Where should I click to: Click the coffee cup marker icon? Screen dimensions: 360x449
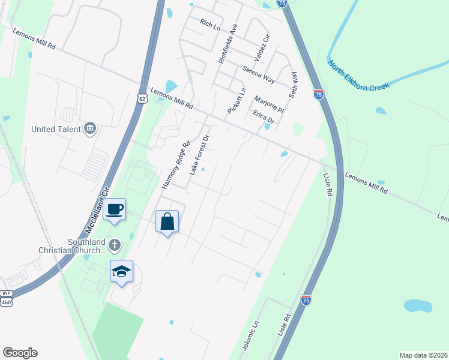point(114,209)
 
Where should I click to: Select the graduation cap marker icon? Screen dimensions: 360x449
point(121,271)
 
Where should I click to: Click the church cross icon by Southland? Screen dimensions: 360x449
point(115,245)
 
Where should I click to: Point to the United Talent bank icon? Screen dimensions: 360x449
point(90,128)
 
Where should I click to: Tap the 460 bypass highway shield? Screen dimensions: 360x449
point(7,298)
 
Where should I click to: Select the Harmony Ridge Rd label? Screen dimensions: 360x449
point(176,165)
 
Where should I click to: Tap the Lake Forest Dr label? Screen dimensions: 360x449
point(199,155)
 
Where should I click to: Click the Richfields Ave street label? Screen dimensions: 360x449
point(228,44)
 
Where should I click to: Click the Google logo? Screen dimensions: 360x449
point(20,353)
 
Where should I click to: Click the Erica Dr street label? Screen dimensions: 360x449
point(263,116)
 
